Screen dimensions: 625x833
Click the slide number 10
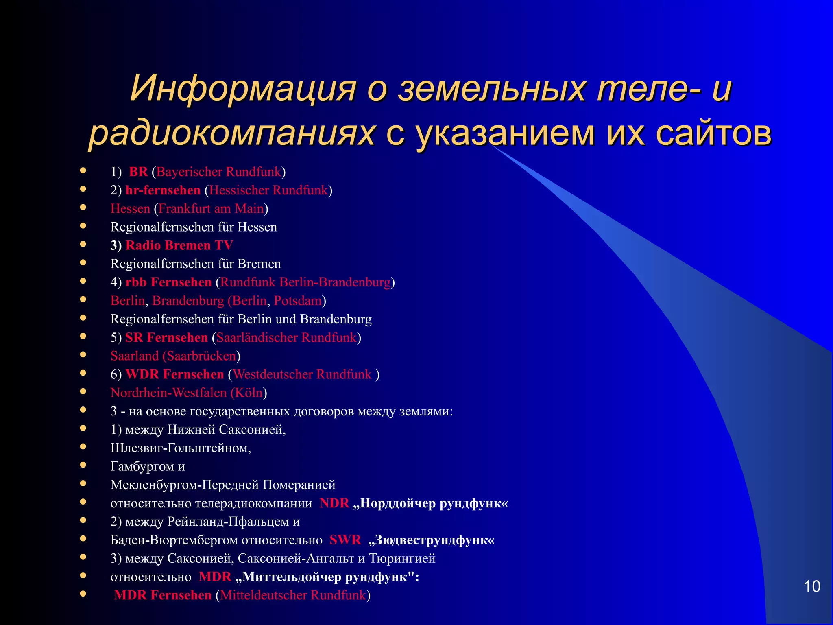click(812, 586)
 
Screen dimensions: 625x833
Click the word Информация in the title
click(243, 88)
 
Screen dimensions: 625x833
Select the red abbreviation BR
click(138, 172)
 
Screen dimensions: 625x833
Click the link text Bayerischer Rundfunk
click(218, 172)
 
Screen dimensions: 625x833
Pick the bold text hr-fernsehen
click(163, 190)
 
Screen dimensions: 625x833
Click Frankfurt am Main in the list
click(211, 209)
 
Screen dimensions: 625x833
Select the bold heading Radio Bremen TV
click(179, 245)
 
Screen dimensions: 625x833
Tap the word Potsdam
click(298, 301)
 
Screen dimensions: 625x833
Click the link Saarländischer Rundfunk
click(286, 337)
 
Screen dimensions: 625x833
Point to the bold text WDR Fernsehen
click(174, 374)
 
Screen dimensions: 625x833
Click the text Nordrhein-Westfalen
click(168, 393)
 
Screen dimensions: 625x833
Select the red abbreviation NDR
click(334, 503)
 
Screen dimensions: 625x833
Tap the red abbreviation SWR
click(345, 540)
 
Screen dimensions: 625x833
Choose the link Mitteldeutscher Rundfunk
click(293, 595)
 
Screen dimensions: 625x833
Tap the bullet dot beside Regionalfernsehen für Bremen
click(83, 262)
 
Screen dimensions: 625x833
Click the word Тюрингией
click(402, 558)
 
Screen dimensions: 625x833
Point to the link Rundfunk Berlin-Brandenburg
click(305, 282)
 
